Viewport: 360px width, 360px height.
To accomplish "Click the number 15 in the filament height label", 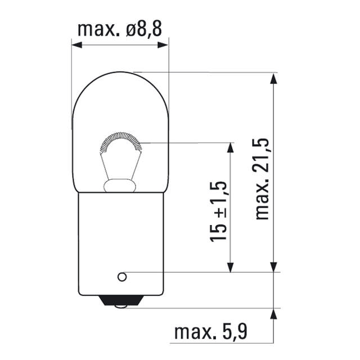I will (x=219, y=231).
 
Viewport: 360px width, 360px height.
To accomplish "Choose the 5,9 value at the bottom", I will (x=234, y=333).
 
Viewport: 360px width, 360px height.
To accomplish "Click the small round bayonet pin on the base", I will (x=121, y=277).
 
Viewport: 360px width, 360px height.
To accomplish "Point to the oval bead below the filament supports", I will (x=120, y=184).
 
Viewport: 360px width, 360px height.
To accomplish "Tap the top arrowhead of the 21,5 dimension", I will (x=274, y=78).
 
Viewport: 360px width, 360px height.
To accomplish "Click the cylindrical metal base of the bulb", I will (x=120, y=247).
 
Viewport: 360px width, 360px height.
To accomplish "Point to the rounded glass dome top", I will (x=120, y=84).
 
